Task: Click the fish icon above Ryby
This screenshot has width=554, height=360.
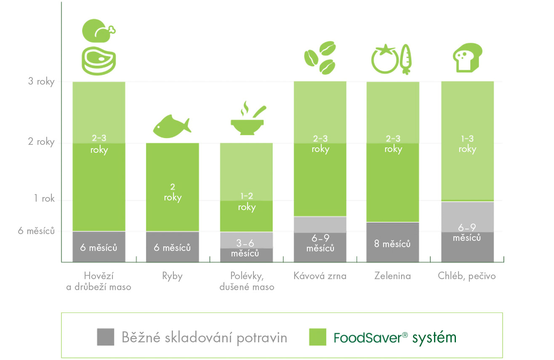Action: click(x=172, y=126)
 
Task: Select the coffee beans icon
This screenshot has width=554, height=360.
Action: click(x=320, y=57)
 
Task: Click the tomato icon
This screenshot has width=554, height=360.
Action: click(x=384, y=60)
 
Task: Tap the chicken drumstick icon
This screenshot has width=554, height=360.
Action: click(x=98, y=31)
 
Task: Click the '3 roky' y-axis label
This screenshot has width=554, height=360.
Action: click(x=41, y=81)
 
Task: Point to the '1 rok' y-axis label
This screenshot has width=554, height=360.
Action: click(x=44, y=198)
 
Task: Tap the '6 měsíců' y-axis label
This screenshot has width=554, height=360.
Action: click(x=37, y=231)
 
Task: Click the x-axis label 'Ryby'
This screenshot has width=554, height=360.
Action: click(x=172, y=276)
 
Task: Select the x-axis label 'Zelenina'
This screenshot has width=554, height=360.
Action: click(x=392, y=276)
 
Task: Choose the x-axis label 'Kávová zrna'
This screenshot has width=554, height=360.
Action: click(x=320, y=276)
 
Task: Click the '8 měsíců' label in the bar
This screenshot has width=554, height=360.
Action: click(x=393, y=244)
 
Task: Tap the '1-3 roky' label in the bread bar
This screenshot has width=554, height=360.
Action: click(x=467, y=144)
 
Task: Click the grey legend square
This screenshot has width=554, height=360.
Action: click(x=106, y=337)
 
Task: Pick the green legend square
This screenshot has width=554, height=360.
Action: click(x=318, y=337)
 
